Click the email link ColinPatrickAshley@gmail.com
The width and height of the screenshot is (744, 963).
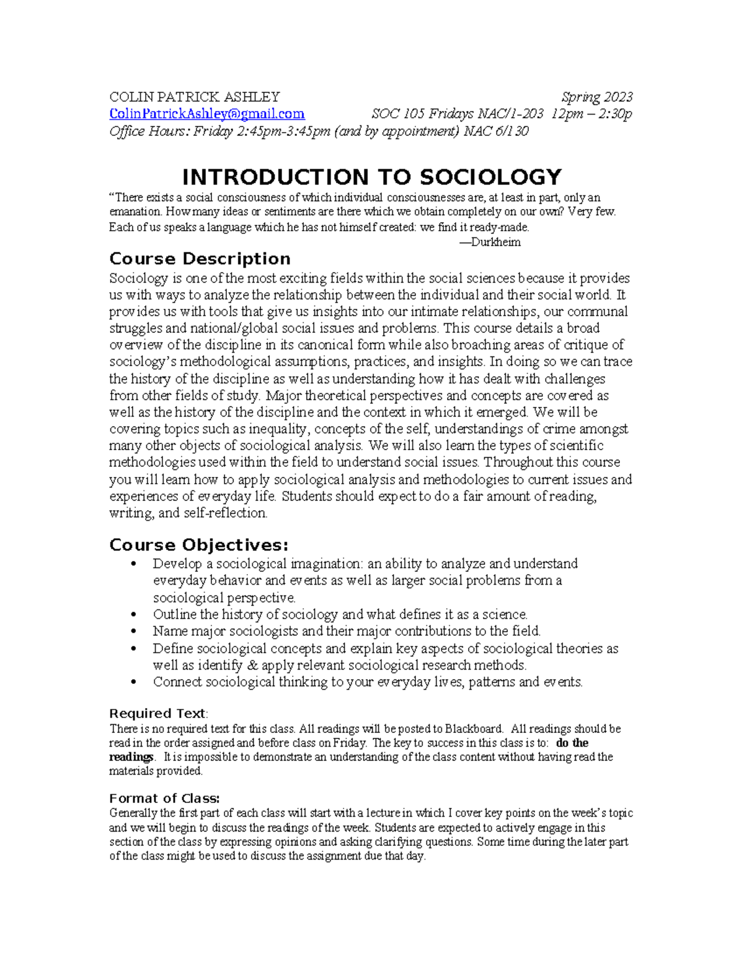coord(206,114)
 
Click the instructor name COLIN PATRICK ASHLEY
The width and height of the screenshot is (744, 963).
coord(194,97)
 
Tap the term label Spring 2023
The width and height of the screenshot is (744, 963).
coord(596,97)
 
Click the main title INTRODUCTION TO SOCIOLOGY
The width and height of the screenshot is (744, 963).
coord(371,177)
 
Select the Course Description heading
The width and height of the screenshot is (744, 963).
coord(200,259)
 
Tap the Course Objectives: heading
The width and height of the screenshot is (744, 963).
coord(198,545)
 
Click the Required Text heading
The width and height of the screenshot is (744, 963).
coord(157,713)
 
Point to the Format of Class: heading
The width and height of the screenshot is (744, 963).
coord(164,798)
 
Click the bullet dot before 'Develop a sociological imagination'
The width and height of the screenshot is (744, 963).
coord(134,564)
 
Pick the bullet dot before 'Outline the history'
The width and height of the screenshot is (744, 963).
coord(134,615)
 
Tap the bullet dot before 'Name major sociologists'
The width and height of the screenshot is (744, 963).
coord(134,632)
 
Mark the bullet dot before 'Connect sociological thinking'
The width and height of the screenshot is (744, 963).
coord(134,683)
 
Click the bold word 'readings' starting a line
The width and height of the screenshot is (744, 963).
coord(131,757)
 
